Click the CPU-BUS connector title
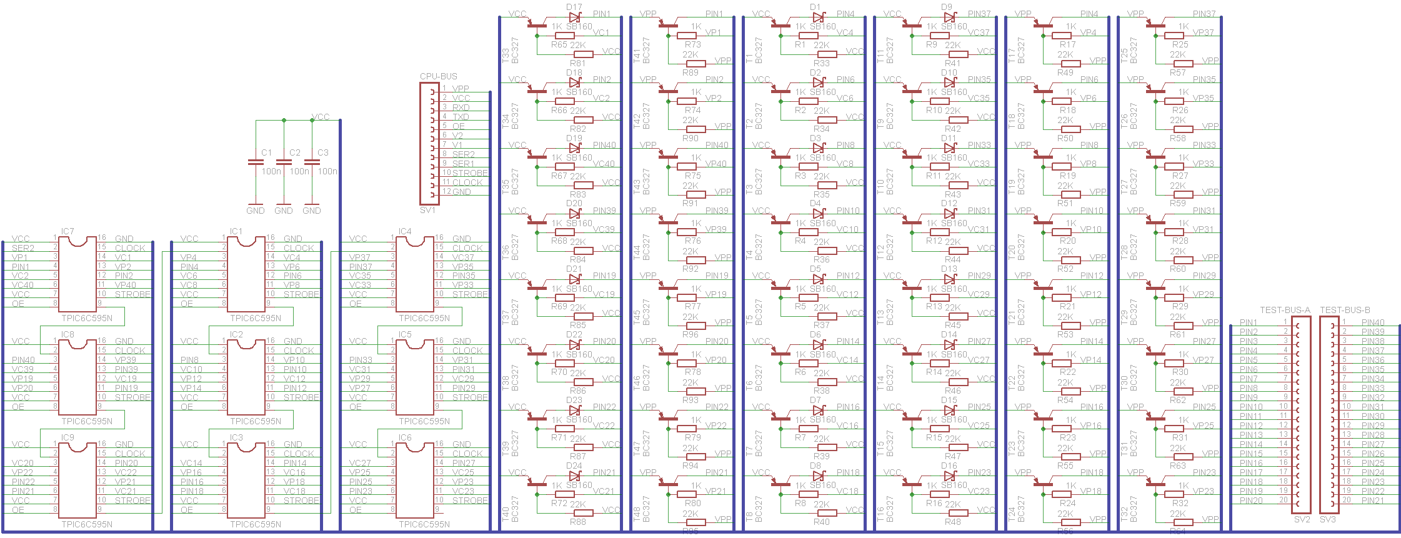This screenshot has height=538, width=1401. point(438,76)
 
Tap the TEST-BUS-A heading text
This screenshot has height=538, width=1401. point(1285,310)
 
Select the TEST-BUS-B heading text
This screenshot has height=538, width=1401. point(1345,310)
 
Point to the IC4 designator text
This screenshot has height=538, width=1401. point(405,232)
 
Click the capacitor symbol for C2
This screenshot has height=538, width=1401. point(284,162)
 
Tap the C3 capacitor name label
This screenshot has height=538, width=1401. point(323,152)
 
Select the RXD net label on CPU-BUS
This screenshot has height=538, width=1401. point(461,107)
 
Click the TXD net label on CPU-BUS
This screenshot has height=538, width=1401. point(461,117)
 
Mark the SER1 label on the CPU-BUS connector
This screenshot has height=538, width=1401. point(463,164)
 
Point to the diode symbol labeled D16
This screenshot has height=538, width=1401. point(950,476)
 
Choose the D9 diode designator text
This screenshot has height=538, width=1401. point(947,7)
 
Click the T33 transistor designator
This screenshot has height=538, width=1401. point(506,55)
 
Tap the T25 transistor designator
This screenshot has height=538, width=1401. point(1124,55)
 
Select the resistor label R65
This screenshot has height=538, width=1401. point(559,45)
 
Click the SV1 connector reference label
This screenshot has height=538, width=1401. point(427,210)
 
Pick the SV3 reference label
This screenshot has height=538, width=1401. point(1328,519)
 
